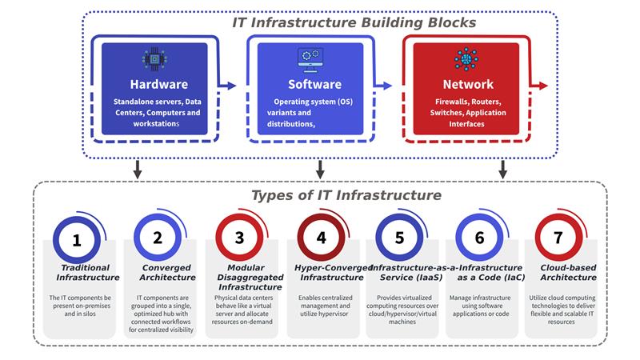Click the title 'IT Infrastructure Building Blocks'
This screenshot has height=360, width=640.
[354, 22]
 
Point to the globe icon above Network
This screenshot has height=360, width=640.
[464, 58]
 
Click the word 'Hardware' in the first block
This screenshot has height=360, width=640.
[158, 84]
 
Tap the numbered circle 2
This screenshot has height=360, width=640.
[158, 238]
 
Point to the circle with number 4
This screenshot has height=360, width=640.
[321, 238]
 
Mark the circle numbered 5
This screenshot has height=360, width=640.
[399, 238]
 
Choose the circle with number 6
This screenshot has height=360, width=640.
[479, 238]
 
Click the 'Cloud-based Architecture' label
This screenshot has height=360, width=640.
[567, 272]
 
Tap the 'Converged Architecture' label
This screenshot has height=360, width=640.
[168, 272]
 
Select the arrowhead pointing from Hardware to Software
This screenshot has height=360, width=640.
[233, 85]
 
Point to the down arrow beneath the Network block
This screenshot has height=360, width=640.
[503, 170]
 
